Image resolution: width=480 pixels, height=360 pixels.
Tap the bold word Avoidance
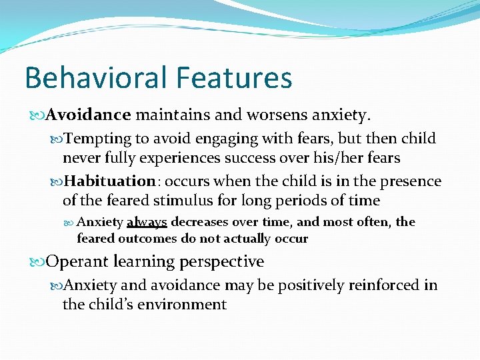click(89, 115)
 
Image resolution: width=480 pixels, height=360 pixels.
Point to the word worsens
click(269, 115)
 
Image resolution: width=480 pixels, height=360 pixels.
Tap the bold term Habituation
click(111, 181)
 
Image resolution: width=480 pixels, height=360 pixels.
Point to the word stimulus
click(201, 201)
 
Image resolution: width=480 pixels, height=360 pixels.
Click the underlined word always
click(147, 222)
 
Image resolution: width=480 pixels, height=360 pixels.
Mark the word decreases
click(199, 222)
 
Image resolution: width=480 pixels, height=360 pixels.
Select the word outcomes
click(145, 239)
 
